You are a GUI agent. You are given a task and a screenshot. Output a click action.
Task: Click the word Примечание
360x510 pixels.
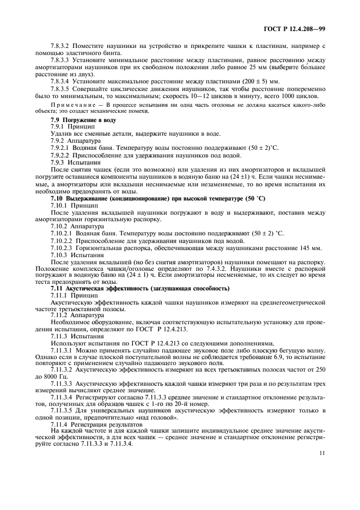coord(71,104)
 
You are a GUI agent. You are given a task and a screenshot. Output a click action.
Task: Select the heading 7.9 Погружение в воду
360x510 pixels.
coord(81,118)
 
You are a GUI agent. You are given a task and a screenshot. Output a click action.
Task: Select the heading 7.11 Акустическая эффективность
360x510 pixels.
coord(139,288)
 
